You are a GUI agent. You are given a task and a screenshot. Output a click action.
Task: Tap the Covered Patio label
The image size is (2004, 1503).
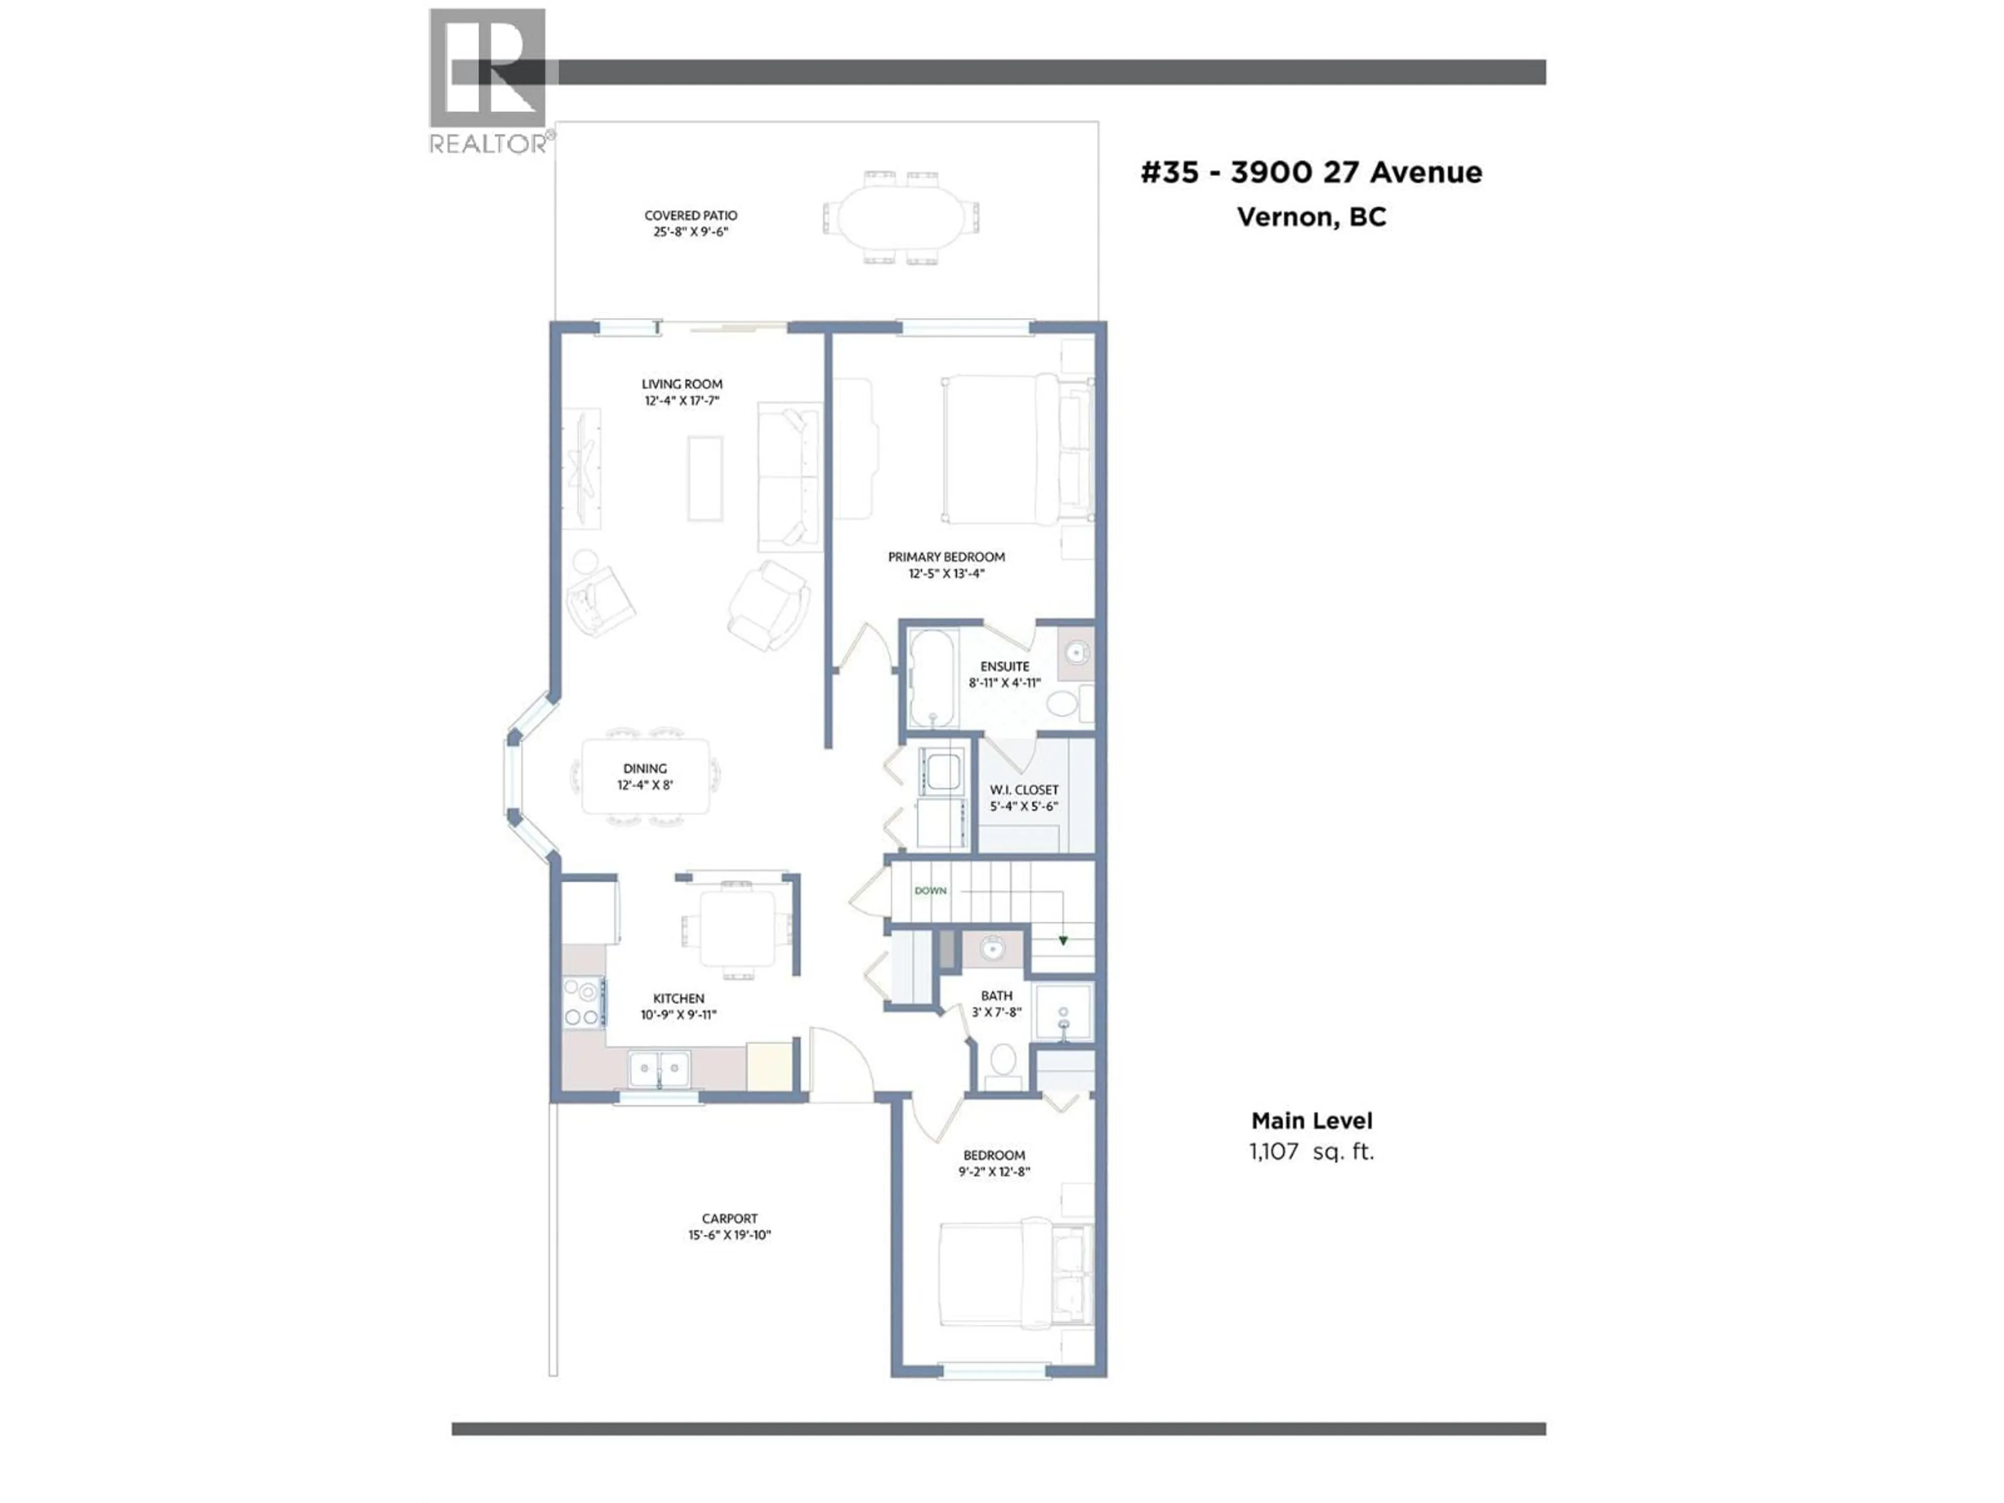(690, 216)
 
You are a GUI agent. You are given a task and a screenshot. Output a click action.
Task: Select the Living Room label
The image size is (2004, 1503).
(682, 384)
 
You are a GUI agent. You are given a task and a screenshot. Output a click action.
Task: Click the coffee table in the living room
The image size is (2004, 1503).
(705, 479)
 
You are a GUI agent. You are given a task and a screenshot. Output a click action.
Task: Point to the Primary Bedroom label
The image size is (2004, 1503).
(946, 557)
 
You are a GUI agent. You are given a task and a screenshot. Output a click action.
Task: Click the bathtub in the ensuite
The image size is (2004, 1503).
(932, 678)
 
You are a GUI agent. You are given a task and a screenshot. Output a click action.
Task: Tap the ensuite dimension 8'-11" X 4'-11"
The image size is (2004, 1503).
(1005, 683)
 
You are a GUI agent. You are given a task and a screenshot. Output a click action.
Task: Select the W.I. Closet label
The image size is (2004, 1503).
(1024, 790)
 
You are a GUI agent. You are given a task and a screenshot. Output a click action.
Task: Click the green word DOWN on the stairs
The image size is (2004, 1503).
(931, 890)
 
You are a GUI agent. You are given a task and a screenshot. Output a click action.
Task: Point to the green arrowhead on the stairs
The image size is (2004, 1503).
(1063, 940)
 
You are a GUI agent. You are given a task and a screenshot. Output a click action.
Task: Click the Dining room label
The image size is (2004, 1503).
(645, 768)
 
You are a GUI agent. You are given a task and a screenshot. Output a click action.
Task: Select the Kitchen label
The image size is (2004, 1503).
(678, 998)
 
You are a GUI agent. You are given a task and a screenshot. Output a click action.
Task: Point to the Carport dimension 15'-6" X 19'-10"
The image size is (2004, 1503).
(729, 1235)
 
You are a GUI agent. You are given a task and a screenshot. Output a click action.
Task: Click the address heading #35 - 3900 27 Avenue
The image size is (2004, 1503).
(1311, 172)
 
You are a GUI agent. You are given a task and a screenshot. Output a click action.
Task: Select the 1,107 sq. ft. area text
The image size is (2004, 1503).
(1311, 1151)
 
